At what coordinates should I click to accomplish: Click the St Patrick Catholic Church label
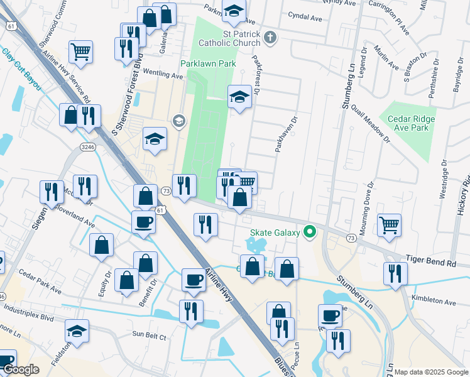click(x=229, y=38)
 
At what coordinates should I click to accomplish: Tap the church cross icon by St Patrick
click(x=270, y=38)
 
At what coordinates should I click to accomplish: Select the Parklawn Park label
click(x=208, y=63)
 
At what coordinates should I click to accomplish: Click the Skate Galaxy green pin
click(x=309, y=232)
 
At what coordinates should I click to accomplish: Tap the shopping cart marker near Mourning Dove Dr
click(x=390, y=224)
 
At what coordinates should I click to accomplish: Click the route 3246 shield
click(x=88, y=146)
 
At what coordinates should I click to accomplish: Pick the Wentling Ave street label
click(x=162, y=74)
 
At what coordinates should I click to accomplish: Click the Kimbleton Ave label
click(x=433, y=301)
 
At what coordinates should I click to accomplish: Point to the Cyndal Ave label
click(x=304, y=17)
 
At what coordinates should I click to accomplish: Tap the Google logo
click(x=20, y=369)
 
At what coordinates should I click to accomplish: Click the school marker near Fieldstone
click(x=77, y=331)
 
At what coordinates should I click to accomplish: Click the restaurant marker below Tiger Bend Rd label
click(x=395, y=273)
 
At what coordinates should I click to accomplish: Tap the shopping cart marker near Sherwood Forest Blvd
click(x=81, y=52)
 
